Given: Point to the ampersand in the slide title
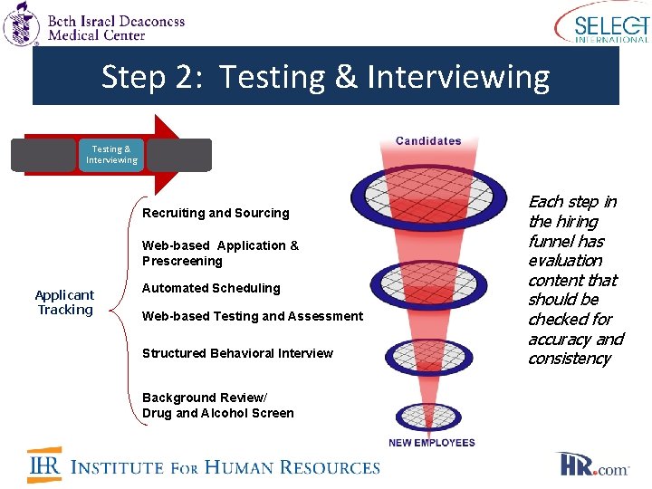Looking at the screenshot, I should coord(346,77).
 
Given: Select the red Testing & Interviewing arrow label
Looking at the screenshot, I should coord(111,155).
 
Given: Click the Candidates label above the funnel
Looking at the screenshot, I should coord(428,141).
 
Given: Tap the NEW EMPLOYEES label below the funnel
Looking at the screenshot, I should coord(432,443).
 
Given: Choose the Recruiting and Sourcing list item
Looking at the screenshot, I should coord(216,214).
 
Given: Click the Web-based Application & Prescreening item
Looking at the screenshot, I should coord(220,254).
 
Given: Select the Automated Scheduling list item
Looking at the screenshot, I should coord(211,288).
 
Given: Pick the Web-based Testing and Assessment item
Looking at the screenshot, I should coord(252,316).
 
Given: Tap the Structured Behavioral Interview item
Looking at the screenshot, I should coord(237,353).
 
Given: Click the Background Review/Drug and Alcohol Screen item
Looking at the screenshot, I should coord(217,406).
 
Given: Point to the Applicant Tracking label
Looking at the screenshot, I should coord(64,302).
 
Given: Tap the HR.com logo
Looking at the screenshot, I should coord(592,465).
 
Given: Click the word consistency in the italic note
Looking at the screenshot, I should coord(569,359).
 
